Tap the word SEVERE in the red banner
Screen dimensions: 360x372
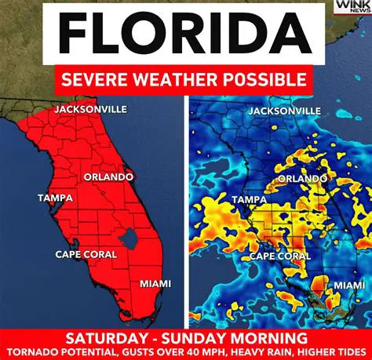pyautogui.click(x=99, y=80)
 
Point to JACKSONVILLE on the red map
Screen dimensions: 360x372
pyautogui.click(x=89, y=109)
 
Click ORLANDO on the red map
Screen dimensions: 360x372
pyautogui.click(x=108, y=177)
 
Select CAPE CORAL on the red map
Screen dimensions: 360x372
pyautogui.click(x=86, y=254)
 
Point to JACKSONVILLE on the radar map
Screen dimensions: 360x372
pyautogui.click(x=284, y=111)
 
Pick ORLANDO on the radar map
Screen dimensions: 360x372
pyautogui.click(x=302, y=179)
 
